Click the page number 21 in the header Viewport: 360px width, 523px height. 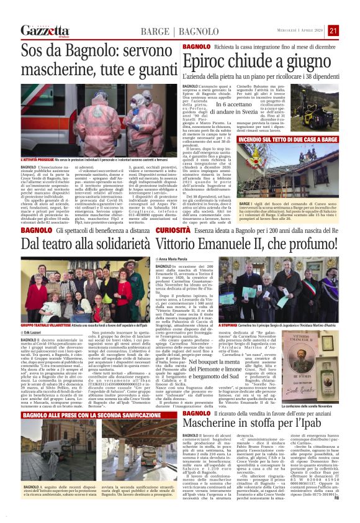point(350,30)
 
